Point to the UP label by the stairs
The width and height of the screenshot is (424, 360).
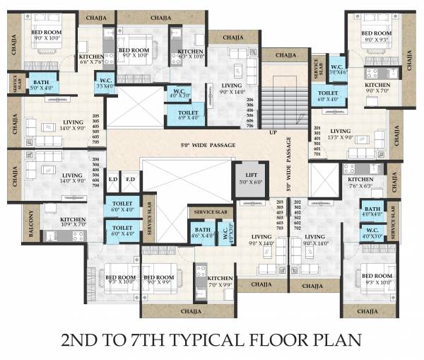click(273, 132)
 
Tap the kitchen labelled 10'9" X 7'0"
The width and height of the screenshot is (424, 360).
click(72, 223)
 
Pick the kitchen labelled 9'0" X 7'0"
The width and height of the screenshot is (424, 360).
click(377, 88)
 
